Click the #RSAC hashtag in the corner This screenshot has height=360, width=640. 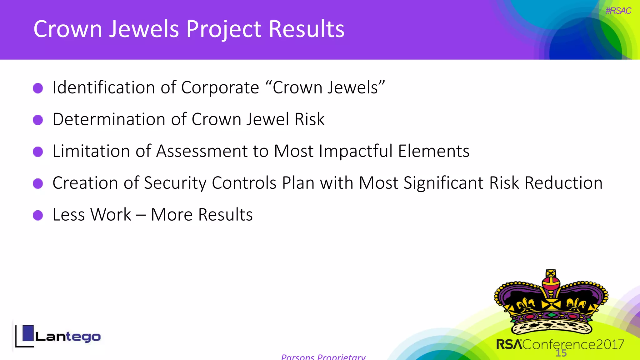[x=618, y=11]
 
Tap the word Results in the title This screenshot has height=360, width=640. [x=307, y=29]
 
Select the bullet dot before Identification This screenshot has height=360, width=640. [x=38, y=88]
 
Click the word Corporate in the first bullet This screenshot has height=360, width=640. [x=220, y=87]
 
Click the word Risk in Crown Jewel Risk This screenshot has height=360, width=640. [x=309, y=119]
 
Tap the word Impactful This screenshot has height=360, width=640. [x=356, y=151]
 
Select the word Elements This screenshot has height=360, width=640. [x=434, y=151]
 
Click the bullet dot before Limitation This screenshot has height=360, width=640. [x=38, y=152]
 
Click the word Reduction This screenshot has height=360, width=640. [x=563, y=183]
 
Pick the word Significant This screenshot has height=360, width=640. [x=443, y=183]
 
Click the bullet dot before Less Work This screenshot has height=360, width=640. [x=38, y=215]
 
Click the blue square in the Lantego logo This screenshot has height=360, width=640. [x=28, y=333]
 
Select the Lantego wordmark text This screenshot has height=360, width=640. [x=68, y=337]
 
